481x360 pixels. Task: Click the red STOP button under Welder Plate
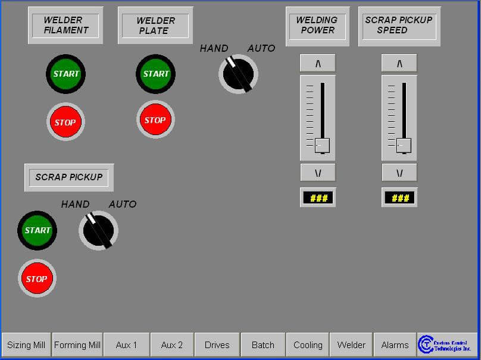tap(155, 120)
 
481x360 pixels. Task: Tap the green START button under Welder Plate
tap(155, 74)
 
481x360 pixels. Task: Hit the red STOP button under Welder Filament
tap(65, 122)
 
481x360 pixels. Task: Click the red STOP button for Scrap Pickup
tap(37, 278)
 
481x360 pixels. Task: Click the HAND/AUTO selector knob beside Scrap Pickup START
tap(98, 230)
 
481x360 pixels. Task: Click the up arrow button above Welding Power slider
tap(317, 63)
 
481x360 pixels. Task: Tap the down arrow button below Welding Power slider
tap(317, 173)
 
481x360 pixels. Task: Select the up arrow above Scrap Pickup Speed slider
tap(399, 63)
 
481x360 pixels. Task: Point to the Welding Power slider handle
tap(321, 145)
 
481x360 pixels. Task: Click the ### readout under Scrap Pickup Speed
tap(399, 198)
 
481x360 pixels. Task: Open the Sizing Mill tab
tap(26, 345)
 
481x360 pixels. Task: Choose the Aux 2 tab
tap(171, 345)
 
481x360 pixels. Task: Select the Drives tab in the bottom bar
tap(217, 345)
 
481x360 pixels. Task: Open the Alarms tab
tap(395, 345)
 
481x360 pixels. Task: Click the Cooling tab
tap(308, 345)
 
